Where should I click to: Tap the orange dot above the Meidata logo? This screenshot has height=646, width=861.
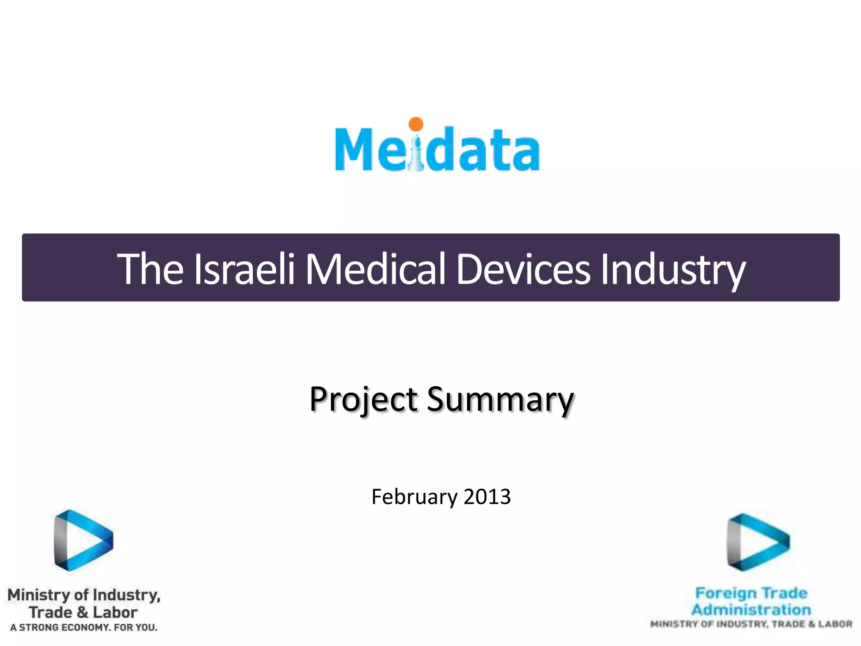[x=416, y=124]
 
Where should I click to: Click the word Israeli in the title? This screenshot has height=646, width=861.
[x=244, y=269]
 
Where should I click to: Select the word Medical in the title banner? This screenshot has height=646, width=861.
[x=375, y=269]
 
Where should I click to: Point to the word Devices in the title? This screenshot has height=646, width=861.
[x=523, y=269]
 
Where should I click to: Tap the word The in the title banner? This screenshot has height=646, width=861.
[x=150, y=269]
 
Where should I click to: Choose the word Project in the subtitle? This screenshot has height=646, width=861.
[x=364, y=400]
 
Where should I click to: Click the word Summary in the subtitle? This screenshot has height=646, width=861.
[x=500, y=400]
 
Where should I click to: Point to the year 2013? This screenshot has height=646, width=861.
[x=487, y=497]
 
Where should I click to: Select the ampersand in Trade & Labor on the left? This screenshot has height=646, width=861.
[x=82, y=612]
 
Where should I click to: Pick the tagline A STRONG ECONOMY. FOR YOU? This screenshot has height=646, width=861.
[x=84, y=627]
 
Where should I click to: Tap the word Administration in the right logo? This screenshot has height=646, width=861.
[x=751, y=609]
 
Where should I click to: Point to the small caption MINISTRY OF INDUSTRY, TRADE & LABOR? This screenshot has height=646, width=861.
[x=751, y=624]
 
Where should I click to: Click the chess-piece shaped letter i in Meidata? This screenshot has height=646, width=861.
[x=416, y=154]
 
